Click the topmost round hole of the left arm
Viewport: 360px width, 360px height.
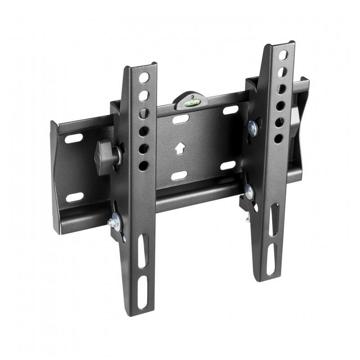pos(144,77)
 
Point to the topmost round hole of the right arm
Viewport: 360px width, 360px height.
pos(283,55)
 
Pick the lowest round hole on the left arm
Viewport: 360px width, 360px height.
pos(144,166)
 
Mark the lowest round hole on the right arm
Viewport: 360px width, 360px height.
pos(279,139)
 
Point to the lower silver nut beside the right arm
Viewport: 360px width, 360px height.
pos(249,191)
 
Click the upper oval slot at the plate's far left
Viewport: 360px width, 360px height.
pos(74,138)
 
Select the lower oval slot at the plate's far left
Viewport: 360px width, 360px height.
pos(75,197)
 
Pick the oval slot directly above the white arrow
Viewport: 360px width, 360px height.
pos(181,119)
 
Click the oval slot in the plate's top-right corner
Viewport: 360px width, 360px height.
pos(231,109)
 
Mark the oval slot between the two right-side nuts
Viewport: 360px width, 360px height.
pos(228,165)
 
